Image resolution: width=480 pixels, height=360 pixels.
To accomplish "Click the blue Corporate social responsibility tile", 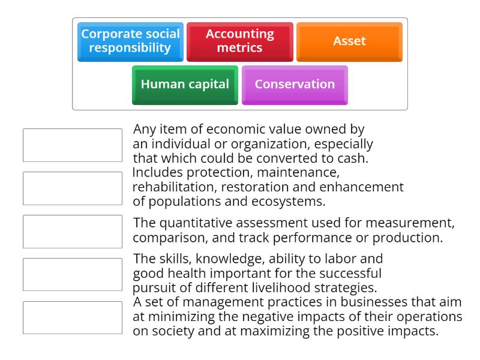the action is pyautogui.click(x=130, y=42).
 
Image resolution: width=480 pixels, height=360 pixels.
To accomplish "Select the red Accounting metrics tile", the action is pyautogui.click(x=240, y=42).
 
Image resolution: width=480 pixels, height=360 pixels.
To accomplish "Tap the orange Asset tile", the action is pyautogui.click(x=349, y=42).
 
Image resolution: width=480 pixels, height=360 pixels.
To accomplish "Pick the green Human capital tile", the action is pyautogui.click(x=185, y=85).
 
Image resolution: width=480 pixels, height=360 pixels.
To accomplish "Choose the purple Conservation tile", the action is pyautogui.click(x=295, y=85).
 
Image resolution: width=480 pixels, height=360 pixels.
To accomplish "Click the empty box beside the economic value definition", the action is pyautogui.click(x=73, y=145).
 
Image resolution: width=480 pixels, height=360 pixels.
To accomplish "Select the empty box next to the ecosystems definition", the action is pyautogui.click(x=73, y=188).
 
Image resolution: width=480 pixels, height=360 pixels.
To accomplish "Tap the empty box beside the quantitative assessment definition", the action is pyautogui.click(x=73, y=232).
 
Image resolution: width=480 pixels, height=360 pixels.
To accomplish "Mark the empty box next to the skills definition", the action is pyautogui.click(x=73, y=275).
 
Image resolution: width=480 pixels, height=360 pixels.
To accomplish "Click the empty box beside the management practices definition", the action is pyautogui.click(x=73, y=318).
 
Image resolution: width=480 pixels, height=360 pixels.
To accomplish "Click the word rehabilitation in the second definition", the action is pyautogui.click(x=174, y=187).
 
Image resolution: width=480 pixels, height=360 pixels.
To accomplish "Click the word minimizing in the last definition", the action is pyautogui.click(x=182, y=317).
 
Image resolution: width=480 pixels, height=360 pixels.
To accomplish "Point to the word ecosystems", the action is pyautogui.click(x=288, y=202).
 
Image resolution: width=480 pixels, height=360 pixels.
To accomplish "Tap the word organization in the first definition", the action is pyautogui.click(x=271, y=144).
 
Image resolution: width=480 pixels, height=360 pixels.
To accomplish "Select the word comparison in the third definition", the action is pyautogui.click(x=170, y=238).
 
